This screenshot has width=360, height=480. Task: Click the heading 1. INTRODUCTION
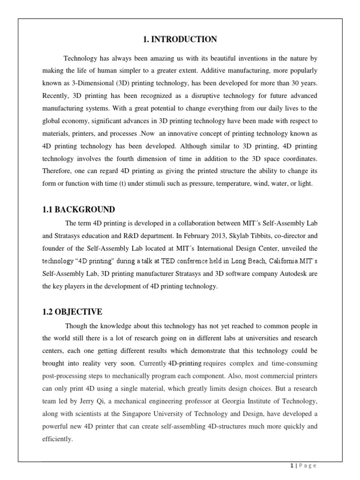180,39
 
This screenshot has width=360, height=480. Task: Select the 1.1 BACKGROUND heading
78,209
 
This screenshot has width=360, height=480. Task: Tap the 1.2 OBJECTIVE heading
72,312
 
